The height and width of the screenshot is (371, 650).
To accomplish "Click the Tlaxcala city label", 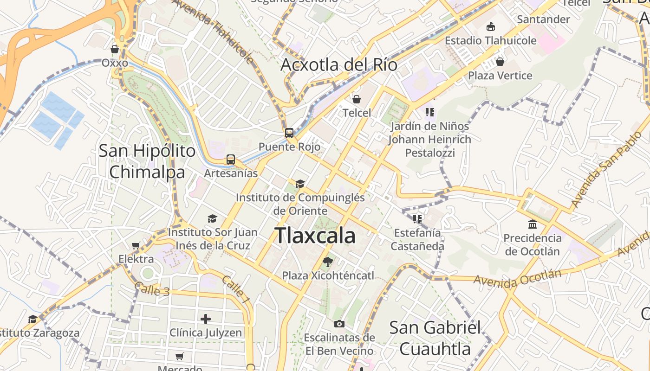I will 315,236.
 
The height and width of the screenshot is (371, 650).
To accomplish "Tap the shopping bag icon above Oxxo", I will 115,49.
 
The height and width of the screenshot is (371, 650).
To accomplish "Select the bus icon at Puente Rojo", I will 289,133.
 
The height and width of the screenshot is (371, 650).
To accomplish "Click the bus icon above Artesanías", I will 231,160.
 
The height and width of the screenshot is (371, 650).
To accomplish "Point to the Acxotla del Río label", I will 339,65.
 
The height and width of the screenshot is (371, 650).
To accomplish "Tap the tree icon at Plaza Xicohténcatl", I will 328,262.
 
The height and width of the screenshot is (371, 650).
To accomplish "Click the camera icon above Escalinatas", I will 339,324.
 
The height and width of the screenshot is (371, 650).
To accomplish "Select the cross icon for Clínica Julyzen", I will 206,319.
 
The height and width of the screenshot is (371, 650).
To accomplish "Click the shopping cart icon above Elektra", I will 136,245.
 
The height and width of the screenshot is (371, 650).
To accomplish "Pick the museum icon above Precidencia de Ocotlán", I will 533,224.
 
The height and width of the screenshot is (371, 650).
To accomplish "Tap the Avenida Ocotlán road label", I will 517,277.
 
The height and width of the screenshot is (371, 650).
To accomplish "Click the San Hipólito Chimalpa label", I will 147,161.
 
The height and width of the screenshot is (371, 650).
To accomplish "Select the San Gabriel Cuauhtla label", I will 435,338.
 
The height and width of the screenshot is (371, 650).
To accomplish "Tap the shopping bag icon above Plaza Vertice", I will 500,62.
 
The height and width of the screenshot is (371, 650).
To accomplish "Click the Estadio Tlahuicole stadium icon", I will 491,27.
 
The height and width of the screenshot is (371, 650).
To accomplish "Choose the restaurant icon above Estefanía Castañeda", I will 417,219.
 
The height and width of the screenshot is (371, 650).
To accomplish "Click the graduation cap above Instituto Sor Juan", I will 212,218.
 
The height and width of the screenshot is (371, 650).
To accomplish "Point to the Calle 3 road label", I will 152,290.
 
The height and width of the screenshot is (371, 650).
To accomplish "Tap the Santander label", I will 543,19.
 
